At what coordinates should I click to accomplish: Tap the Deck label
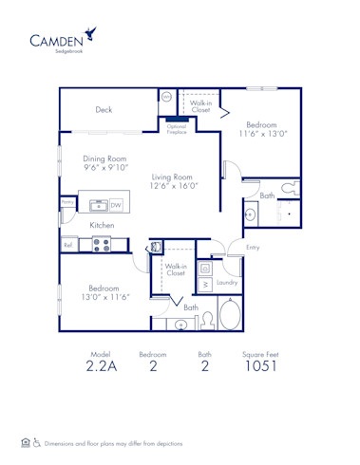click(104, 110)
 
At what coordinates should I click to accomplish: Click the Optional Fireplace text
click(177, 128)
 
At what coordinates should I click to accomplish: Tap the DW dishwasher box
click(115, 204)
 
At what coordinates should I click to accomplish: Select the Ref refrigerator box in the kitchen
click(68, 245)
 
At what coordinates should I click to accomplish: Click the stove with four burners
click(102, 245)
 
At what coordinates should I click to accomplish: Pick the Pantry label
click(67, 202)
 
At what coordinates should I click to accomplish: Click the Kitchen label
click(103, 225)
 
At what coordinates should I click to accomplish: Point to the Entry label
click(253, 248)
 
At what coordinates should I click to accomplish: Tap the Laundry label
click(226, 283)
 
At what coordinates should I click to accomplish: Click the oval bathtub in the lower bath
click(231, 313)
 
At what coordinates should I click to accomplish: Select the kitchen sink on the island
click(96, 203)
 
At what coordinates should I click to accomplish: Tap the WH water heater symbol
click(166, 97)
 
